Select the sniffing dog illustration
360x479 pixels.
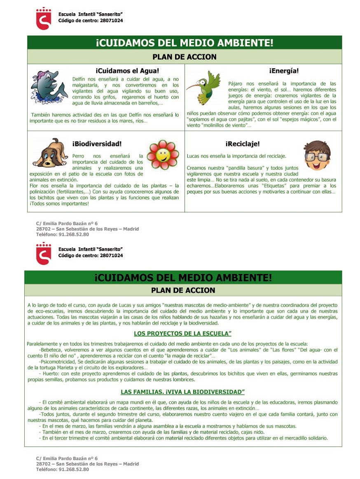(x=50, y=153)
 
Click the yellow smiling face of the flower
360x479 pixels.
(x=163, y=155)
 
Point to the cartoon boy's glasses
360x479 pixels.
(x=317, y=156)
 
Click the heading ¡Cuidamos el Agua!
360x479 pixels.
(x=127, y=71)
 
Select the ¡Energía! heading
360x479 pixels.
(x=284, y=71)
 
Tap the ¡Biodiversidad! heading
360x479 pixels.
(x=97, y=144)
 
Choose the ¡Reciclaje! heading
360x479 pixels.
(x=242, y=144)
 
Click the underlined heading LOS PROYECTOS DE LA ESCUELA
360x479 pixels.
(x=182, y=333)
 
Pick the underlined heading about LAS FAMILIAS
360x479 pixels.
(x=182, y=391)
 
